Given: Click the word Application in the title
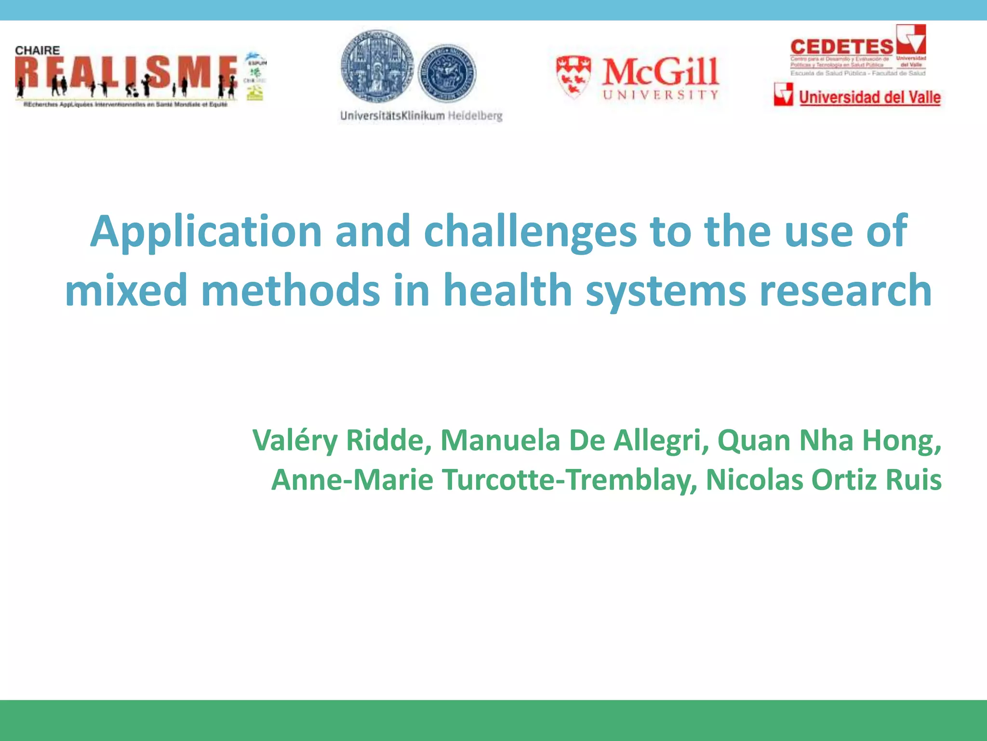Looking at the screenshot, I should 206,233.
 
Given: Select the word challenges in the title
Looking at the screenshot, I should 530,233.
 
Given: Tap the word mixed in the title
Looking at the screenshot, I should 126,290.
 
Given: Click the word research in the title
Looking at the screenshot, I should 845,290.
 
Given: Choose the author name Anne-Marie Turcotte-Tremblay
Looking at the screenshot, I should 484,480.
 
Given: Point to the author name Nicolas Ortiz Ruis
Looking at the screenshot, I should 823,480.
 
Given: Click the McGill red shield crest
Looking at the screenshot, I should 574,76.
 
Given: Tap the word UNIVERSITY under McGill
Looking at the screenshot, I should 661,95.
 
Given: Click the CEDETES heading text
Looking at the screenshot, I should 841,47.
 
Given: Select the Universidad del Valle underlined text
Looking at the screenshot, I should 869,97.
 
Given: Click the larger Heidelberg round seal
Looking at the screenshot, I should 377,67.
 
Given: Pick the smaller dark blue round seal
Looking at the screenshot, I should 446,73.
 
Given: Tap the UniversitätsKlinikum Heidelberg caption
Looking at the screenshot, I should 421,116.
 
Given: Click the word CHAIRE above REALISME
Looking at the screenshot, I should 38,51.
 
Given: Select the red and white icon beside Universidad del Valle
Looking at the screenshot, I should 783,94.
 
